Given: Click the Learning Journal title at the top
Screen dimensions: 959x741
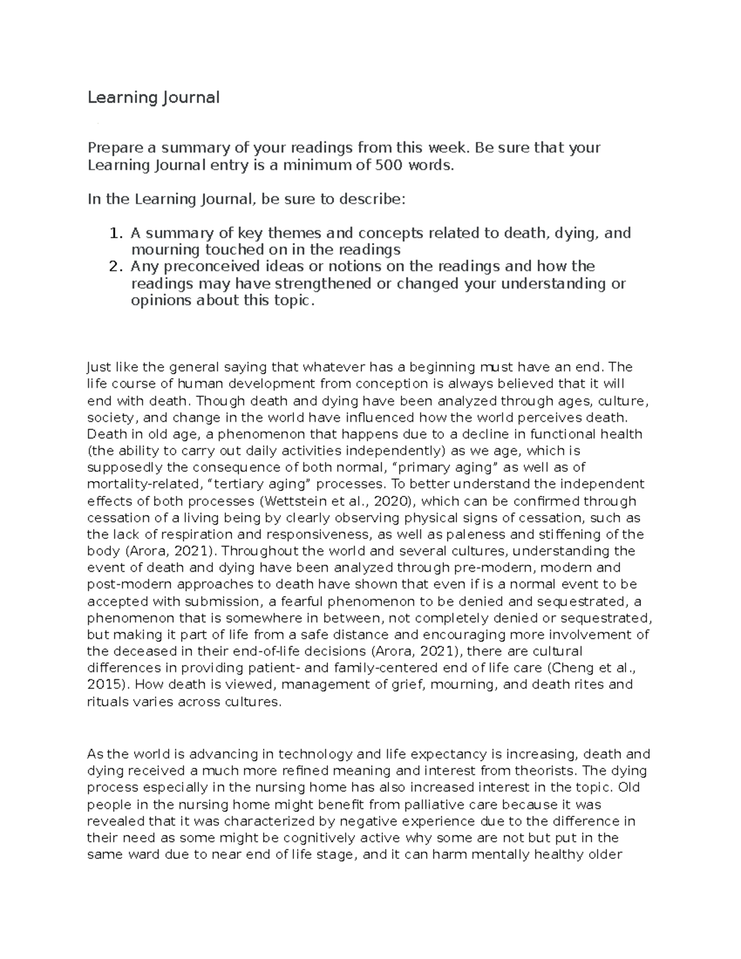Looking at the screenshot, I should tap(153, 98).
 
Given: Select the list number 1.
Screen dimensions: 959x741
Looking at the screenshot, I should tap(114, 233).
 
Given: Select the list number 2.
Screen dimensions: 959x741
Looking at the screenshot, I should tap(114, 267).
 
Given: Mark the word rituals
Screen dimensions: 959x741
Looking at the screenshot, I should tap(108, 701).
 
